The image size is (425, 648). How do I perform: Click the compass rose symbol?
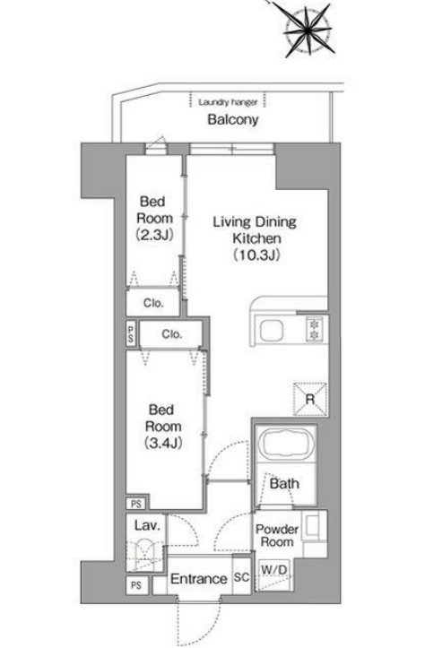pos(308,30)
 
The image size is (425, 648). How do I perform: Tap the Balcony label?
pos(233,120)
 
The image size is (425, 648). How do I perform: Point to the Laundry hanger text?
pos(228,101)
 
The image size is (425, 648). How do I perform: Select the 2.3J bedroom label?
pos(154,218)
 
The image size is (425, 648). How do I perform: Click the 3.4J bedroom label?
pos(163,427)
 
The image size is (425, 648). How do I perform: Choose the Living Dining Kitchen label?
pos(255,238)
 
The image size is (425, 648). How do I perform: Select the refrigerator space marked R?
pos(309,399)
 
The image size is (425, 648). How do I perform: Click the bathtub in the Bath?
pos(285,445)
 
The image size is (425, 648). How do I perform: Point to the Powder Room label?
pos(276,535)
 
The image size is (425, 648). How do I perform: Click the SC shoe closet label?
pos(241,577)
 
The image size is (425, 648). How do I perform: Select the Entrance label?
pos(199,579)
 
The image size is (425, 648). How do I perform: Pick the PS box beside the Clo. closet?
pos(131,334)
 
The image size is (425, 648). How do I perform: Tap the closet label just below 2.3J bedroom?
pos(153,303)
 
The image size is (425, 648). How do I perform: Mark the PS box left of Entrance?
pos(136,585)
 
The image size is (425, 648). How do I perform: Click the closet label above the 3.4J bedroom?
pos(171,334)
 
